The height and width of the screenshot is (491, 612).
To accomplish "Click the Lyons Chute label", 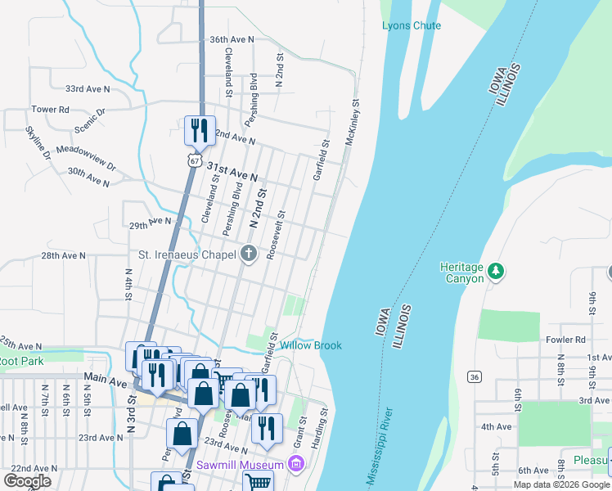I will pyautogui.click(x=411, y=25).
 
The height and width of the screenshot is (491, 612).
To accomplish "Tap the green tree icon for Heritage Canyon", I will pyautogui.click(x=495, y=271).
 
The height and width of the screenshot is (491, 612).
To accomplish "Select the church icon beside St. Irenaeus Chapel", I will pyautogui.click(x=249, y=254).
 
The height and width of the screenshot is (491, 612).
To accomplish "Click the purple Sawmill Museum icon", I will pyautogui.click(x=296, y=465).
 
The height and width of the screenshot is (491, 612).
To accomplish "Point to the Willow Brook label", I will pyautogui.click(x=311, y=345).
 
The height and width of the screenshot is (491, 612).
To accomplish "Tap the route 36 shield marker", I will pyautogui.click(x=474, y=376).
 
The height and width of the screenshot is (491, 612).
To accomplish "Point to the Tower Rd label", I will pyautogui.click(x=50, y=110).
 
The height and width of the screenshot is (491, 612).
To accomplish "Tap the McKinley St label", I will pyautogui.click(x=352, y=124).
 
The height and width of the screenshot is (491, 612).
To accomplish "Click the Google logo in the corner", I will pyautogui.click(x=26, y=480).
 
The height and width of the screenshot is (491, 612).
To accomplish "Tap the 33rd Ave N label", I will pyautogui.click(x=88, y=88).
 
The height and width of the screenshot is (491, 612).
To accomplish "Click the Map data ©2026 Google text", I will pyautogui.click(x=560, y=484).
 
